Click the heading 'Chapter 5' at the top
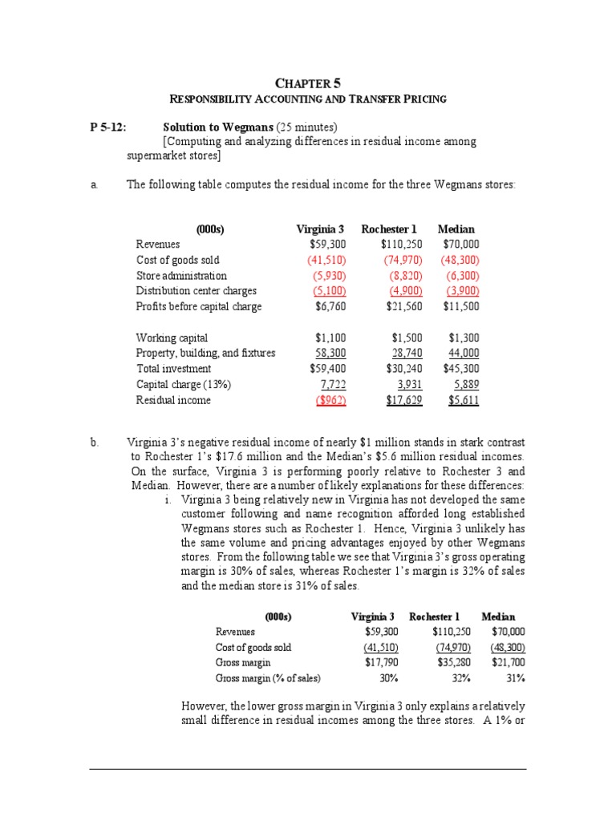[x=307, y=82]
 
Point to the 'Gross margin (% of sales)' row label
[x=267, y=678]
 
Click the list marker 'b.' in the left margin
[x=94, y=442]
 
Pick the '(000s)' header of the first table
[x=210, y=229]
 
